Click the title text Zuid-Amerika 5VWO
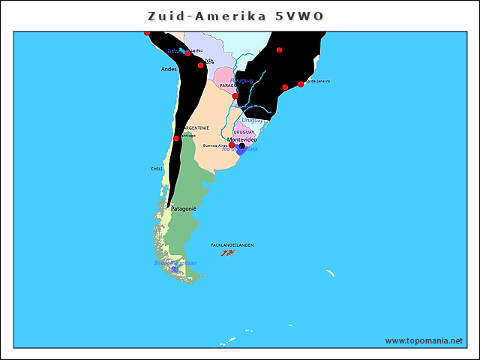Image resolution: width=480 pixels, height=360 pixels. [236, 16]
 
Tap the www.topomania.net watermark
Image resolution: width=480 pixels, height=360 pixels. [424, 340]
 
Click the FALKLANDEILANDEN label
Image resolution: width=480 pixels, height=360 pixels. [232, 244]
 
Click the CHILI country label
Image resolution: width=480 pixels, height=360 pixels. [157, 169]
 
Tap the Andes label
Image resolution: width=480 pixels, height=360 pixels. [169, 69]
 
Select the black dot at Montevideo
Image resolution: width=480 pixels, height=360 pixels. [241, 146]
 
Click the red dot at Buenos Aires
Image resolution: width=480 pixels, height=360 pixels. [232, 145]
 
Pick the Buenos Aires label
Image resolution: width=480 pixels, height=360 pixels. [215, 145]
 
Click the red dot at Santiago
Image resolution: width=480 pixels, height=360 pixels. [176, 138]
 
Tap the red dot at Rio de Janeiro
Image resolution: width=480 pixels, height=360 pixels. [301, 84]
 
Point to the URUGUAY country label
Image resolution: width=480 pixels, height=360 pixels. [244, 132]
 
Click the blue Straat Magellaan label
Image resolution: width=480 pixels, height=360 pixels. [175, 262]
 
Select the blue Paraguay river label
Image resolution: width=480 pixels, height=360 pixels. [241, 80]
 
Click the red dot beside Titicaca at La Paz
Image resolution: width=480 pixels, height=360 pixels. [187, 53]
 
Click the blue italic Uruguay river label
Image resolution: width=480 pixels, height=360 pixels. [252, 120]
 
